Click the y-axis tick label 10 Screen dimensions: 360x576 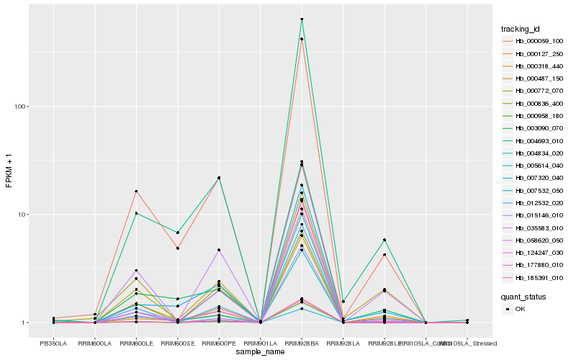tap(22, 215)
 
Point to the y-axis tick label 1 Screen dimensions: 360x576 tap(24, 323)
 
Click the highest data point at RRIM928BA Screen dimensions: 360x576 tap(302, 19)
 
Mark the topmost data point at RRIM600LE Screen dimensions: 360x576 tap(136, 191)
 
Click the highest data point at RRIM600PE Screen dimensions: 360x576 tap(219, 177)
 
